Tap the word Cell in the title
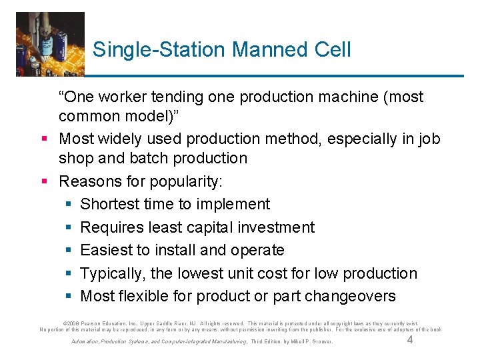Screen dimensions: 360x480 click(331, 49)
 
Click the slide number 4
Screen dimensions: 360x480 click(410, 340)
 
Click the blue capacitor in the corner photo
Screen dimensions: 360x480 click(46, 47)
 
